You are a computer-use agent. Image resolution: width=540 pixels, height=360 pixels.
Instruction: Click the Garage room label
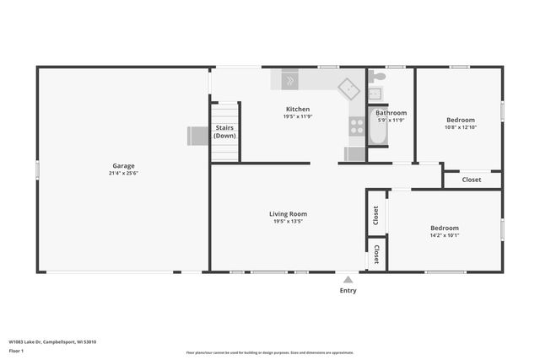pos(124,165)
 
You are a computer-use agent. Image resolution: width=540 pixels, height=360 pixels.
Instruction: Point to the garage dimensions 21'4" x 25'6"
pos(124,174)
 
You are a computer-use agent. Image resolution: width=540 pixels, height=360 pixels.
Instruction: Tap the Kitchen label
pos(297,109)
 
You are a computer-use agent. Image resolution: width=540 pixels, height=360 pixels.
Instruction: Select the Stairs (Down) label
pos(224,132)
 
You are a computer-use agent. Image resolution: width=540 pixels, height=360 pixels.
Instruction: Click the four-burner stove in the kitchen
pos(357,126)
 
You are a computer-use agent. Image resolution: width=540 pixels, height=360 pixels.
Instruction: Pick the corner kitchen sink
pos(348,87)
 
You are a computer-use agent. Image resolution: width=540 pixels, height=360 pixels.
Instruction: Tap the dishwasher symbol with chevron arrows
pos(289,81)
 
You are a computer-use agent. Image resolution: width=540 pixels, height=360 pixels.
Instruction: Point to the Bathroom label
pos(391,113)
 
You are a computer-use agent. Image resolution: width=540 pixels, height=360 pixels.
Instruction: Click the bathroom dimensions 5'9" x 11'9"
pos(391,121)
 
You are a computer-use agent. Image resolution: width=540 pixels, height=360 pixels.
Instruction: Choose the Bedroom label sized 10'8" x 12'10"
pos(460,120)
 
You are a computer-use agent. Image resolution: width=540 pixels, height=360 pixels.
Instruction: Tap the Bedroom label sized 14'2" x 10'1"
pos(445,228)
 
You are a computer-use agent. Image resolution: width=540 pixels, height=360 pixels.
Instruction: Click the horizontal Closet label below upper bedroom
pos(472,180)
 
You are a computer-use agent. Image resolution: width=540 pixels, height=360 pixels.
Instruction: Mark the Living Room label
pos(288,214)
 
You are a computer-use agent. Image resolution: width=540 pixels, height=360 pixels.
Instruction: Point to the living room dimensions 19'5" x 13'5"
pos(288,222)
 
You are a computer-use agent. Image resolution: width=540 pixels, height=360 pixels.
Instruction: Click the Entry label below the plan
pos(348,291)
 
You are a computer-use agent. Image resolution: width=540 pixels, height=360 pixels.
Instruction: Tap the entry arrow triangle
pos(348,278)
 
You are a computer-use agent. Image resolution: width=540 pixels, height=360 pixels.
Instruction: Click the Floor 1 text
pos(16,352)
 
